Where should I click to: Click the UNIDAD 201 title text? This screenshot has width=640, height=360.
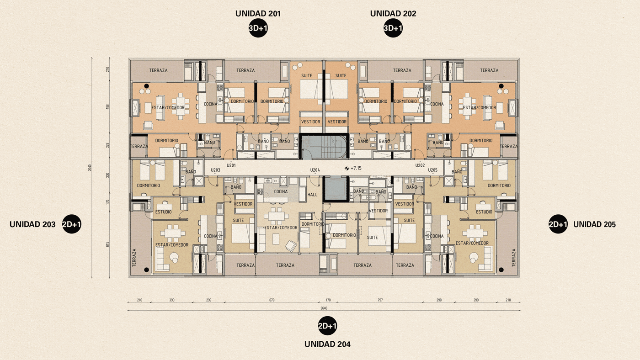258,14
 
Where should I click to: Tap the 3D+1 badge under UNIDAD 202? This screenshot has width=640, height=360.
393,28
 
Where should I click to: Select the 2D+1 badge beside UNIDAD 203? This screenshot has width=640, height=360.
71,224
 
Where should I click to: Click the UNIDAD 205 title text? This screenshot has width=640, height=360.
594,224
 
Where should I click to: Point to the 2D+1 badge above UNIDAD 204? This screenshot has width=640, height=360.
327,326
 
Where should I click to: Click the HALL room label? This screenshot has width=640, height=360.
312,195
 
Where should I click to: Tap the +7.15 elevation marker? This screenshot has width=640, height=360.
353,168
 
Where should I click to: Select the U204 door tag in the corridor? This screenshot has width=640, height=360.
315,170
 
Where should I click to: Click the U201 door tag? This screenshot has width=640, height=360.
231,165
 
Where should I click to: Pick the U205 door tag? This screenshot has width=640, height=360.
432,170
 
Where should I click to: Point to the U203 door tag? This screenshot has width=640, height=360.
215,170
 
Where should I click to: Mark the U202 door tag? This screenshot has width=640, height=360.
420,165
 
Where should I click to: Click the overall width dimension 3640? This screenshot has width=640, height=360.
324,308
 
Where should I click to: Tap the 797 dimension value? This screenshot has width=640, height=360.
379,300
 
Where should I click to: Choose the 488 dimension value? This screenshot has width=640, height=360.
108,106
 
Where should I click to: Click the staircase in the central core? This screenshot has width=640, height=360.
324,147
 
